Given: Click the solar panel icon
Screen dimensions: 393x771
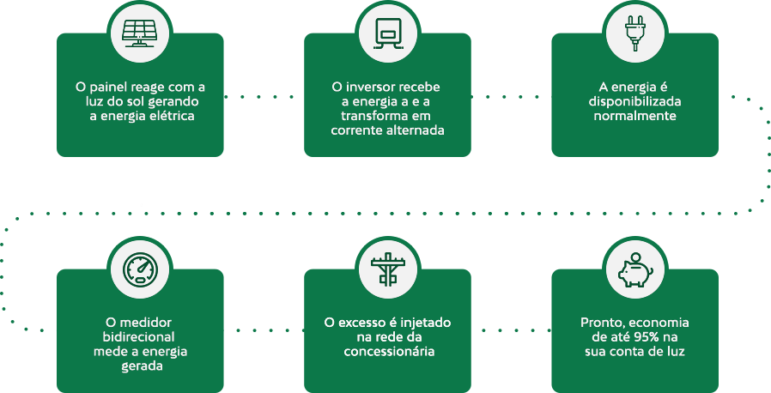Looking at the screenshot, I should [x=140, y=33].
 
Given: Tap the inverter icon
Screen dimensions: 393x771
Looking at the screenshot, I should [x=387, y=33].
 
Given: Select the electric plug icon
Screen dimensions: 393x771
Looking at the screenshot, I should [x=635, y=33].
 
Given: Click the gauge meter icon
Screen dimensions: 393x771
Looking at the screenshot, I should [x=140, y=269].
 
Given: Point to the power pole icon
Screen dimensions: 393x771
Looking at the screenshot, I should [x=387, y=269].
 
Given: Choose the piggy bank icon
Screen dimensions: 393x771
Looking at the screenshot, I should [x=635, y=269].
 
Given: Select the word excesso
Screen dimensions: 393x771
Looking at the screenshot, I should [x=359, y=323].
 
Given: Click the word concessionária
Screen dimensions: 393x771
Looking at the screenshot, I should [x=387, y=352].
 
